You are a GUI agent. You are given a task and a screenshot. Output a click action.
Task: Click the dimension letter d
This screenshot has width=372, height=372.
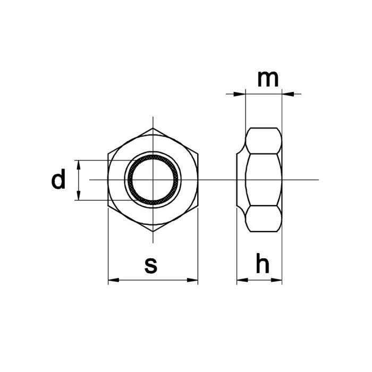pos(58,180)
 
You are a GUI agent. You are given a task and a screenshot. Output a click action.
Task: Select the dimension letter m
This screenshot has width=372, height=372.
pos(267,79)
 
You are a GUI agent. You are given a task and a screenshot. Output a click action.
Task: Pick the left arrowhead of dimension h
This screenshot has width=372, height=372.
pos(240,280)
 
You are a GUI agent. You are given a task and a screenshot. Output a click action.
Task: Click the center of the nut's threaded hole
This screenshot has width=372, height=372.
pos(153,180)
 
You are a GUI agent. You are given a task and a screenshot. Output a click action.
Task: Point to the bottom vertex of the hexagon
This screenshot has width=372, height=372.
pos(153,232)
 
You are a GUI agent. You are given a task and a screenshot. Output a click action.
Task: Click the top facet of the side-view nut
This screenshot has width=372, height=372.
pos(263,141)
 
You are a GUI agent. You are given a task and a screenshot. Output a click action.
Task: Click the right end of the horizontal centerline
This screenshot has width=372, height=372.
pos(318,180)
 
